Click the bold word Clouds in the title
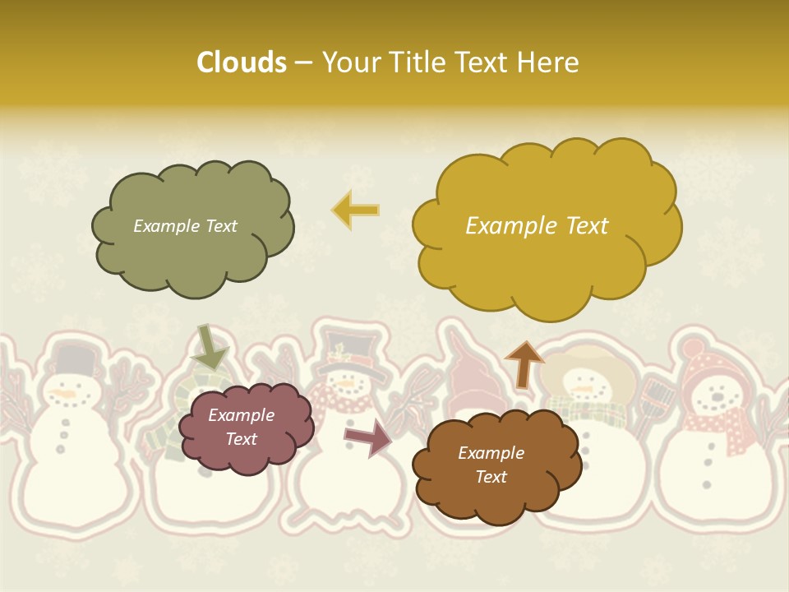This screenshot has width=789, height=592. (241, 62)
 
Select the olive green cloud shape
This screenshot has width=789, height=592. (192, 247)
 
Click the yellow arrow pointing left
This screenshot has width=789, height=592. (356, 210)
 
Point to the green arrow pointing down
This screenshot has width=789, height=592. (209, 347)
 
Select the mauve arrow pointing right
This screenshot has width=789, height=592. (367, 437)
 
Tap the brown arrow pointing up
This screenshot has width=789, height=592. (524, 364)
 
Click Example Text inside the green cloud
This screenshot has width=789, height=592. (185, 226)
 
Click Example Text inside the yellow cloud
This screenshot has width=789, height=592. (537, 226)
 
